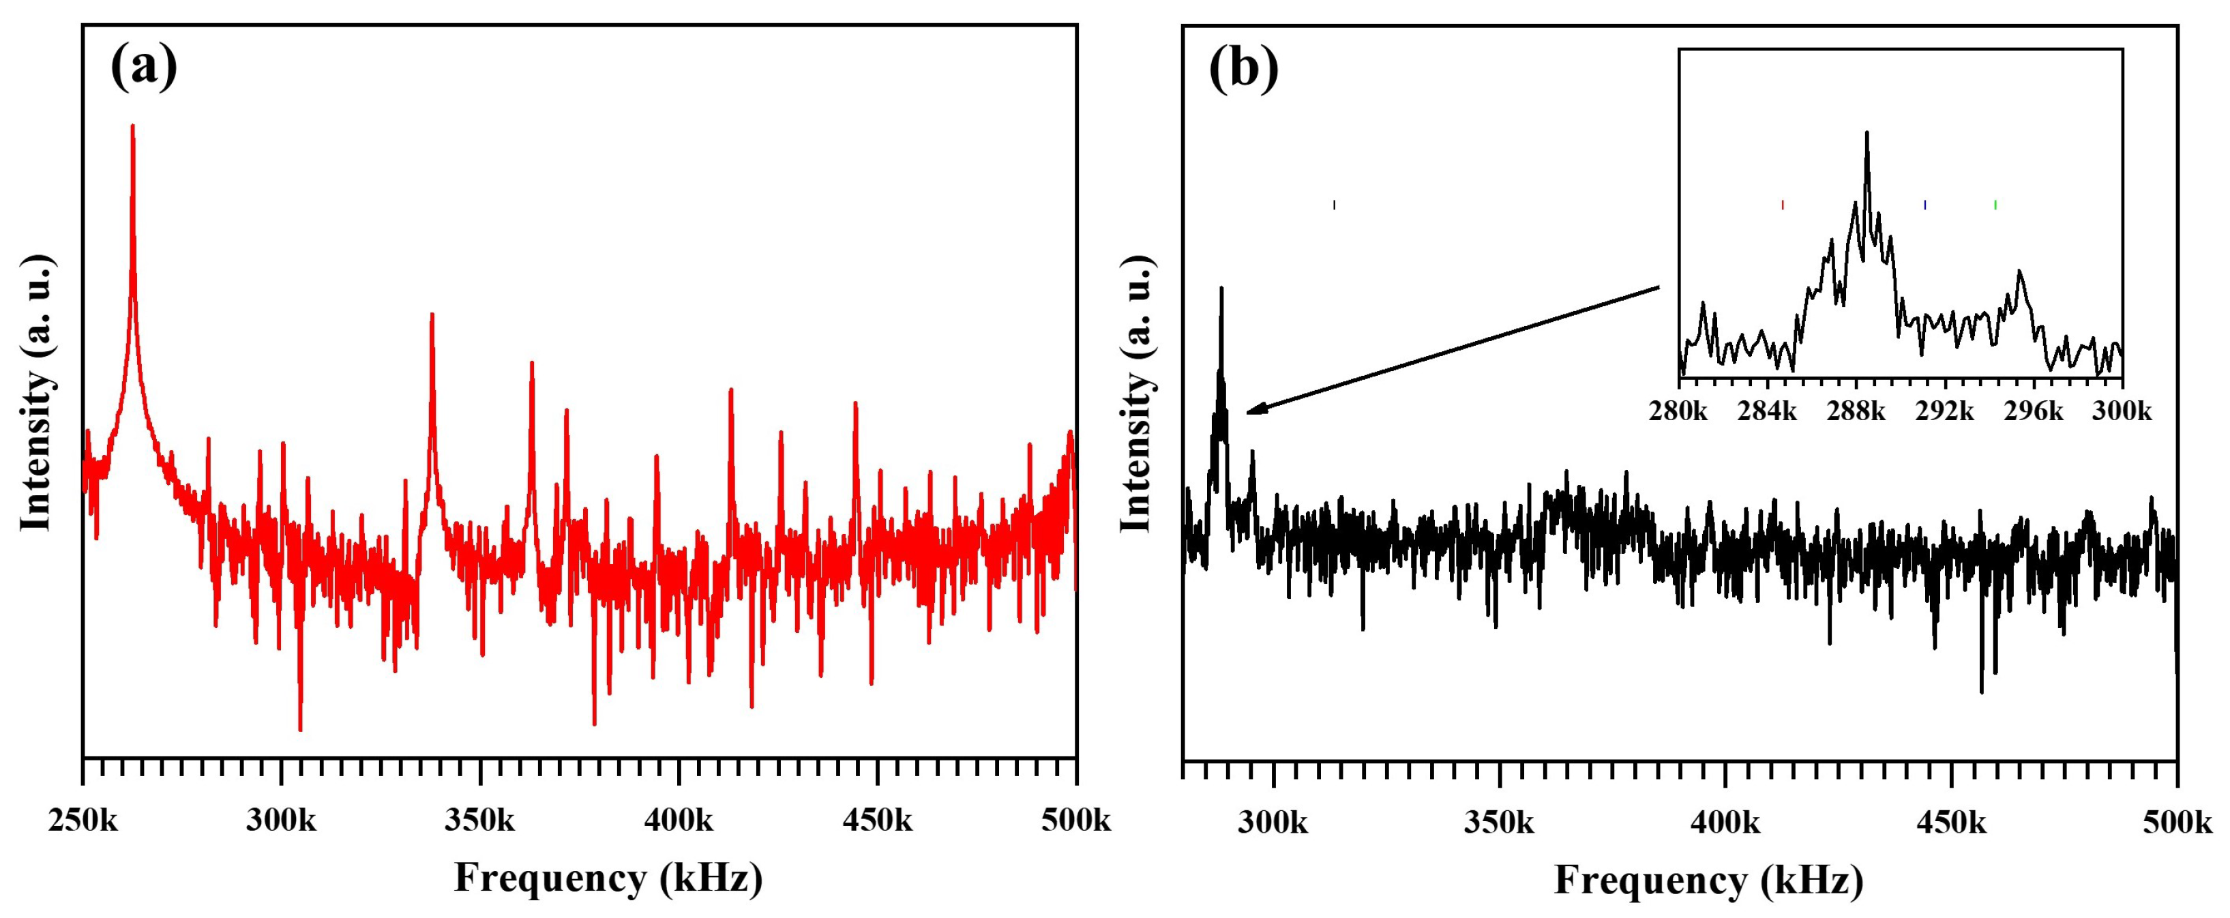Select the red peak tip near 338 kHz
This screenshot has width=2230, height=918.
pyautogui.click(x=432, y=316)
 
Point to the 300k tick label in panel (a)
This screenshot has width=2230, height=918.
pyautogui.click(x=282, y=819)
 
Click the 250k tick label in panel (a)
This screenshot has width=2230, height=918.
pyautogui.click(x=83, y=819)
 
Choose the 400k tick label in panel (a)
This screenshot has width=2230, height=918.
pyautogui.click(x=679, y=819)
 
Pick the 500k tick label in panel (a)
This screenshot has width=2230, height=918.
pyautogui.click(x=1075, y=819)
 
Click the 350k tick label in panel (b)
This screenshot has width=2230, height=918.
pyautogui.click(x=1498, y=822)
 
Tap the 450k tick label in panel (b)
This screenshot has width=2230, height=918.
pyautogui.click(x=1951, y=822)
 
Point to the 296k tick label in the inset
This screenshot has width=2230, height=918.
pyautogui.click(x=2034, y=411)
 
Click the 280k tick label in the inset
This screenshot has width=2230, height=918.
pyautogui.click(x=1678, y=411)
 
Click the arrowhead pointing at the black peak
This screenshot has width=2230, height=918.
pyautogui.click(x=1253, y=410)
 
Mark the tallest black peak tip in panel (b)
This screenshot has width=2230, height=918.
pyautogui.click(x=1221, y=289)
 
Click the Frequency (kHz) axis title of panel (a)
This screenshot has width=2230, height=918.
pyautogui.click(x=608, y=878)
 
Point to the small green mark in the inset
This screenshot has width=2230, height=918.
pyautogui.click(x=1995, y=205)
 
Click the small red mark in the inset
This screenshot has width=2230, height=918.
pyautogui.click(x=1783, y=205)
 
